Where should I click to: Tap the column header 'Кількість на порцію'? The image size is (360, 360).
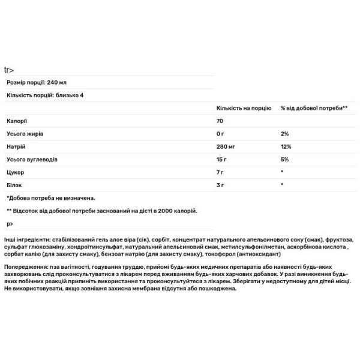tap(243, 108)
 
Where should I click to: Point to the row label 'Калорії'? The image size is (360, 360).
tap(17, 121)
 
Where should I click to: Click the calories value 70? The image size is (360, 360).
tap(220, 121)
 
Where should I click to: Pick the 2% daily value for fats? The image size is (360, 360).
tap(284, 134)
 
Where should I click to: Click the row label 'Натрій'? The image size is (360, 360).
tap(16, 146)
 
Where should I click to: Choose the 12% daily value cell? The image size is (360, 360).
tap(286, 146)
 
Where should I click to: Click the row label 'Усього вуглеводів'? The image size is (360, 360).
tap(32, 160)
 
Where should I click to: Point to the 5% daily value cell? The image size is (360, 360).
tap(284, 160)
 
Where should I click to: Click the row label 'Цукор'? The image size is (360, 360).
tap(16, 172)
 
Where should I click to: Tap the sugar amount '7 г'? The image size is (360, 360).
tap(220, 172)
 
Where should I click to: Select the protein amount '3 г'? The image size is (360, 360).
tap(220, 185)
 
